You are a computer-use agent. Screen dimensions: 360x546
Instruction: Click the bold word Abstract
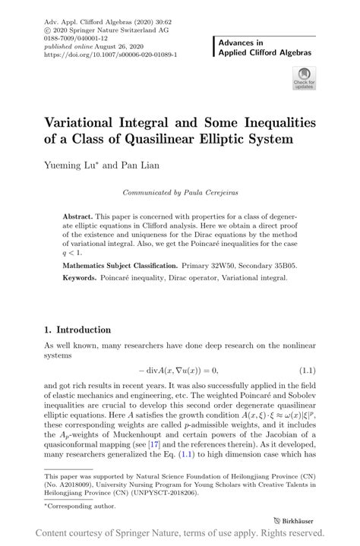click(81, 216)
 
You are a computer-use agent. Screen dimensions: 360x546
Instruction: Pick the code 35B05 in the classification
click(289, 267)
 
